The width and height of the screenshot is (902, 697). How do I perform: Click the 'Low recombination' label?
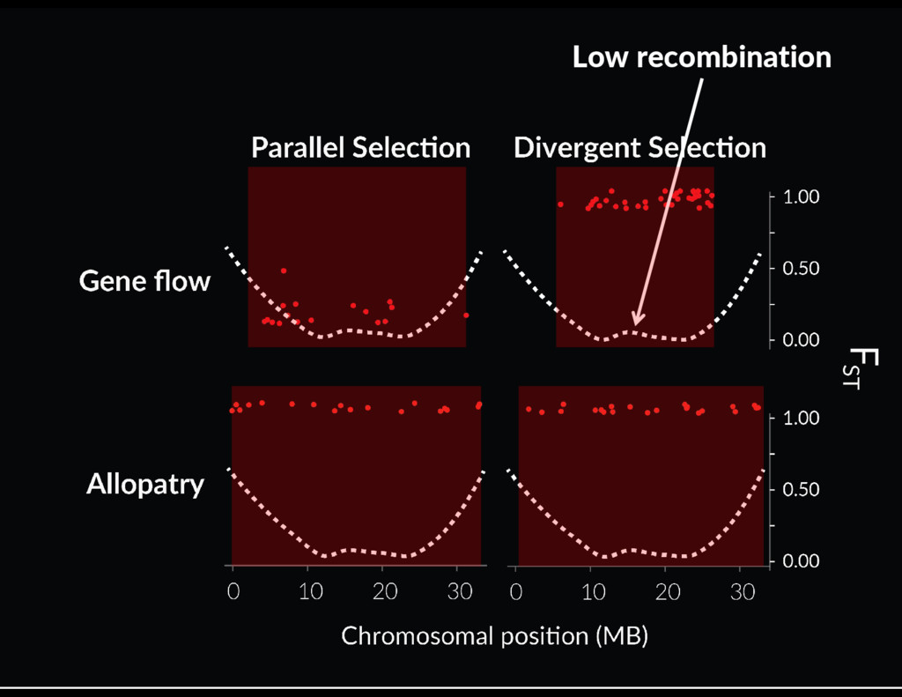coord(702,57)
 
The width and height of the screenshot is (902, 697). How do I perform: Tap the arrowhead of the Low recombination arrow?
coord(638,320)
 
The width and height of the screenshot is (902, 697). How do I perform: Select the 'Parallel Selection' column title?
coord(360,147)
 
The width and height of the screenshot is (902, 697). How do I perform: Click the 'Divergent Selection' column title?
coord(640,147)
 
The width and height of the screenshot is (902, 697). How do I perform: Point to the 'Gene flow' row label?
coord(145,281)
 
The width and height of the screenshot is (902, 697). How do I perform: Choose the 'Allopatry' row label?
coord(145,485)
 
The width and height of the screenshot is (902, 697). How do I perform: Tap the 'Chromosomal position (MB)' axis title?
coord(495,636)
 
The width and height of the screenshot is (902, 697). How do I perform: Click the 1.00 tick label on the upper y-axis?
coord(802,196)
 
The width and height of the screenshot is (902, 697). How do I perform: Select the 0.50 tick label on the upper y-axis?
coord(802,268)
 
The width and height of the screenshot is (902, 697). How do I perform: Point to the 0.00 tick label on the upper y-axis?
coord(802,340)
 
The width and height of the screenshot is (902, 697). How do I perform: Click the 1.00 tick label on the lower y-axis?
coord(802,418)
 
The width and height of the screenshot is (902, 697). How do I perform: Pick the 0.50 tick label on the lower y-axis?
coord(802,489)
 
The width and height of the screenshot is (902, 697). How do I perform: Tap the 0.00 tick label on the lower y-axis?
coord(802,560)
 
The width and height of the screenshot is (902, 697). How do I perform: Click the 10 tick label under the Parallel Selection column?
coord(311,591)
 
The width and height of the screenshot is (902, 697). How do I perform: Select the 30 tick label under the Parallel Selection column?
coord(460,591)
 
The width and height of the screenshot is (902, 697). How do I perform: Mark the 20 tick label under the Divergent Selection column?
coord(668,591)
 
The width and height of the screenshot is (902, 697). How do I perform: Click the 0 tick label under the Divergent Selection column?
coord(516,591)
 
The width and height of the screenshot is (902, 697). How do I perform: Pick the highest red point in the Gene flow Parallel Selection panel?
coord(284,271)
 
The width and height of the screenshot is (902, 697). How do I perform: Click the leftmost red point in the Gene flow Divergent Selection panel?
coord(560,204)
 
